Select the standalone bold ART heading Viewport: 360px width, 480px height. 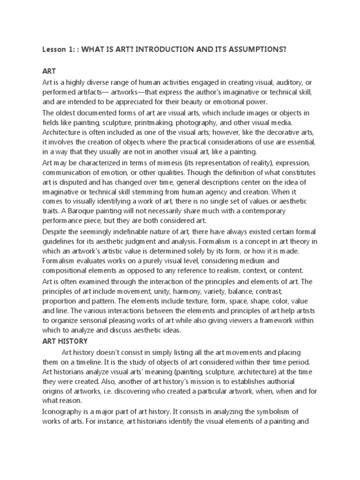click(49, 72)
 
